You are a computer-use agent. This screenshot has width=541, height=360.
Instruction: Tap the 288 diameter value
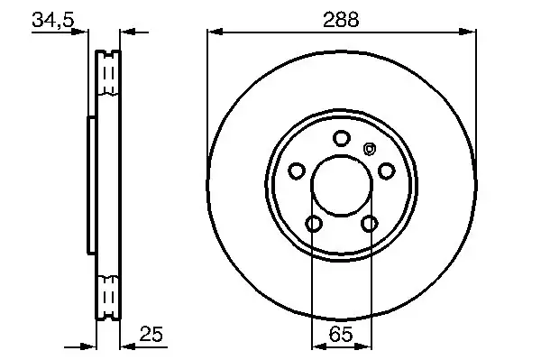[342, 19]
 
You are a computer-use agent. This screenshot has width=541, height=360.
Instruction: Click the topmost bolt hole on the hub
[341, 138]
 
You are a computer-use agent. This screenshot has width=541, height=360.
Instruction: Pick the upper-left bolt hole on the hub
[296, 171]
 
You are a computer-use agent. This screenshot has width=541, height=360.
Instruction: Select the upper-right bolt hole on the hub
[386, 171]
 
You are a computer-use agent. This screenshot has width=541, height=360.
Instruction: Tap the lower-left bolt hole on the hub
[313, 223]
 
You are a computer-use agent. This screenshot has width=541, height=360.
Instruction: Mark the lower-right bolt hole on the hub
[369, 223]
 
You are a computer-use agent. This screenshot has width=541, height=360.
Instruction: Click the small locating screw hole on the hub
[367, 150]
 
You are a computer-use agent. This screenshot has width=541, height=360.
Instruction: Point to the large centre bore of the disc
[341, 186]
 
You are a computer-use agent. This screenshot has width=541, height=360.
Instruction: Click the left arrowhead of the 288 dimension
[213, 32]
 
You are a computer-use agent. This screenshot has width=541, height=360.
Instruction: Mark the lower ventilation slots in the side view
[108, 293]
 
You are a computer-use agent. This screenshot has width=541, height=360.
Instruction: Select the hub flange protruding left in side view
[89, 185]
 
